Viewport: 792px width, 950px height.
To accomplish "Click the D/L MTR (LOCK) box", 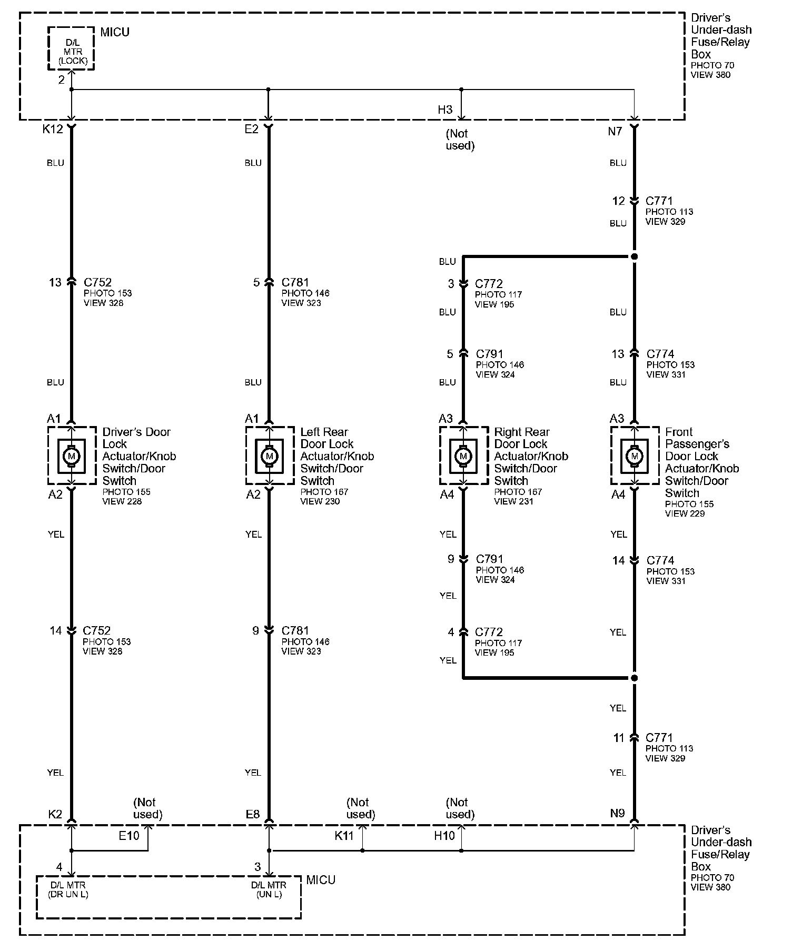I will pos(71,48).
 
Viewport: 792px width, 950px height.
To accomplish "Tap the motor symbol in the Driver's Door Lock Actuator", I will pos(72,456).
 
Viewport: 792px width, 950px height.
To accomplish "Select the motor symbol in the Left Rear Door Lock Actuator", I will pos(270,456).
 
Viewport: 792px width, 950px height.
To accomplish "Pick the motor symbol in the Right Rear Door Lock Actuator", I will pos(463,456).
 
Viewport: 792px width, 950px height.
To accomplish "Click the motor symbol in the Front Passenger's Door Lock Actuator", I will pos(634,456).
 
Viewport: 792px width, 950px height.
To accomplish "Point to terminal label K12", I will pos(53,130).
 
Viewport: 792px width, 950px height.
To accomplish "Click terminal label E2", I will pos(251,130).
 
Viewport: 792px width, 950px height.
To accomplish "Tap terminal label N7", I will pos(615,132).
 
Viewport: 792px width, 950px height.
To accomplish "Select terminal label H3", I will pos(445,110).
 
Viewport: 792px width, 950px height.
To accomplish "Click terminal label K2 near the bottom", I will pos(55,814).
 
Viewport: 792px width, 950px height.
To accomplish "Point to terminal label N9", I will pos(617,814).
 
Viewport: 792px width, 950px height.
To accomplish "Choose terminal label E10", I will pos(128,836).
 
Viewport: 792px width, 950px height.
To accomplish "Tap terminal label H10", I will pos(444,836).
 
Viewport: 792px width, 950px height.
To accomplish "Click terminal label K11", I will pos(344,836).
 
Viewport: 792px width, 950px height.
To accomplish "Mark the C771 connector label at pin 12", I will pos(659,201).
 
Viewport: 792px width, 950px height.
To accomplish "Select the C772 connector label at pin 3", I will pos(489,284).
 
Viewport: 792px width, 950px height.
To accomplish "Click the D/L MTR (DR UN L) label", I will pos(68,889).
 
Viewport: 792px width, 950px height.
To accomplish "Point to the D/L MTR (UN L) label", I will pos(269,889).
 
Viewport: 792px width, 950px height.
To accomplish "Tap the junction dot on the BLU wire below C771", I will pos(634,257).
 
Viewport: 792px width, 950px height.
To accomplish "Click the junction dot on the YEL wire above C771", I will pos(634,678).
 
